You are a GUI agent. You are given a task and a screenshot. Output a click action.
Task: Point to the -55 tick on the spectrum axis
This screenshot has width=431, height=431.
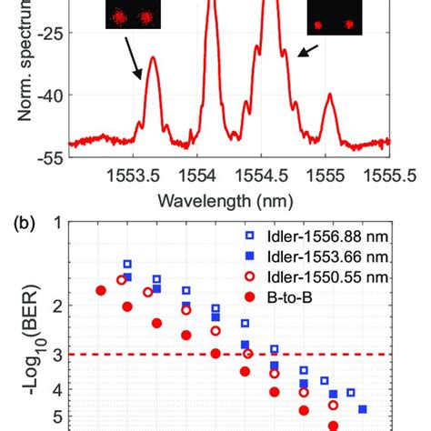coord(46,156)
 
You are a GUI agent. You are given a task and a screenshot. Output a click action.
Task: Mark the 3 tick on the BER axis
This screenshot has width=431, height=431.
coord(56,355)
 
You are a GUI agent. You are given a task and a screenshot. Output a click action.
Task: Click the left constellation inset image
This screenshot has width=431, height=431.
coord(132,15)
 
